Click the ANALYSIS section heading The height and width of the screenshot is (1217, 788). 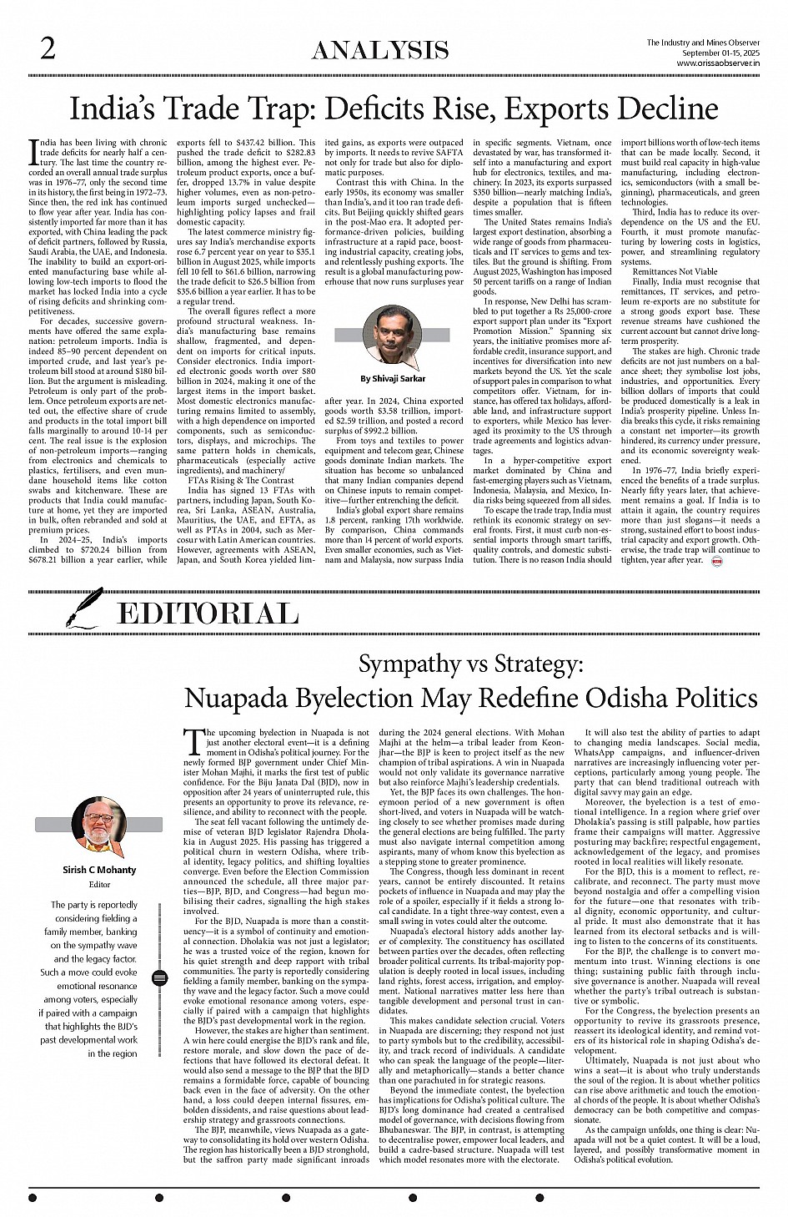click(x=379, y=51)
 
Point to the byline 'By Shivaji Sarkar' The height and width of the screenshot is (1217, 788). click(x=393, y=378)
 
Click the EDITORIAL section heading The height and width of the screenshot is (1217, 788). click(x=208, y=614)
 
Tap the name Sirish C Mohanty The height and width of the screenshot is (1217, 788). click(x=99, y=870)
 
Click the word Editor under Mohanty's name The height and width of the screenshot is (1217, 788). click(x=99, y=884)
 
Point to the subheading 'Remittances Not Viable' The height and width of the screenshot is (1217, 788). click(x=675, y=272)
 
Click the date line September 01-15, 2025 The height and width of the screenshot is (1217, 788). click(x=721, y=53)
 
